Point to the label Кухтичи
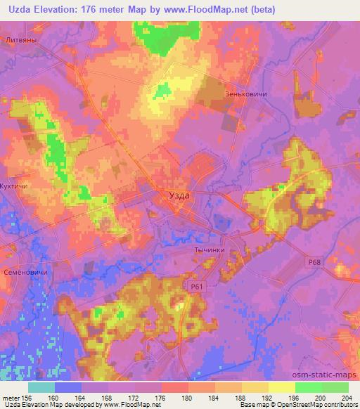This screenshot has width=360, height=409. [x=15, y=187]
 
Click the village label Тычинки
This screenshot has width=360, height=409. [x=208, y=249]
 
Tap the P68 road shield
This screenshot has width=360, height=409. [x=314, y=261]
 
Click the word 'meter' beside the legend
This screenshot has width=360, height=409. [x=12, y=397]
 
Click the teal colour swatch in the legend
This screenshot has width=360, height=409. [x=41, y=387]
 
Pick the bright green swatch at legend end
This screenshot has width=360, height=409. [x=335, y=387]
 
